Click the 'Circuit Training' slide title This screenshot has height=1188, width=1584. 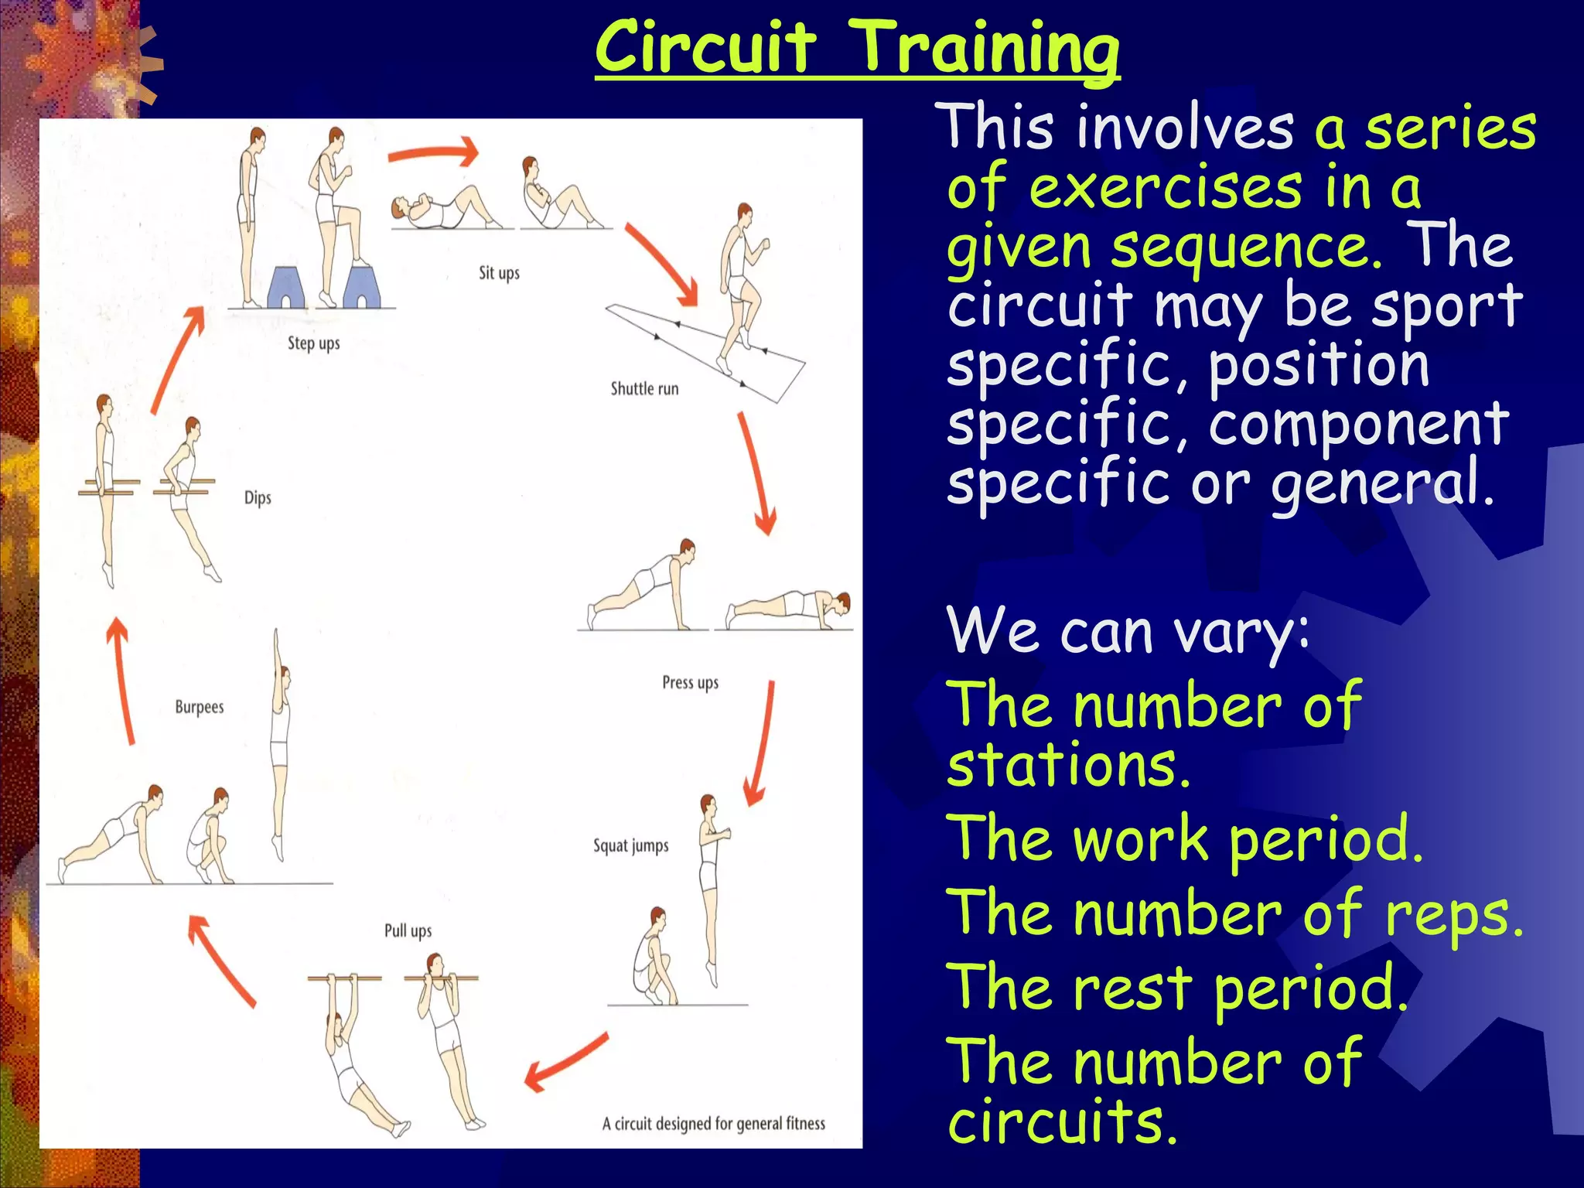857,48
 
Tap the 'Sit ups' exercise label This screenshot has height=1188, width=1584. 499,273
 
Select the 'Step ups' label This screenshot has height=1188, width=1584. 313,343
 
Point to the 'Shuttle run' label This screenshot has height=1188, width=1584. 644,388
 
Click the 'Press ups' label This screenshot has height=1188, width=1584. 690,682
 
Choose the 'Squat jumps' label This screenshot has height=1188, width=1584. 630,845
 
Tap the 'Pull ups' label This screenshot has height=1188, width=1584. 408,930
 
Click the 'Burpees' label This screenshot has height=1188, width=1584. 199,707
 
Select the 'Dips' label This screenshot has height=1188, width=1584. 258,497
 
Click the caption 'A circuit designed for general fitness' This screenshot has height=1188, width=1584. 713,1123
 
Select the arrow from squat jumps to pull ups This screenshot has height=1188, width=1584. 566,1061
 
